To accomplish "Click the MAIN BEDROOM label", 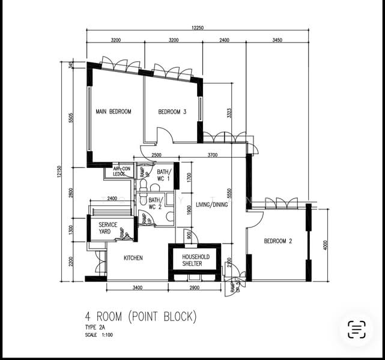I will pos(114,112).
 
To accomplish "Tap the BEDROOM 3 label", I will pos(172,112).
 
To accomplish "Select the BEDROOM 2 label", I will pos(278,241).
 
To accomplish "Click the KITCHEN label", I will pos(133,258).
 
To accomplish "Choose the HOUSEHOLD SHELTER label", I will pos(192,260).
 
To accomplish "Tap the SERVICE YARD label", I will pos(108,228).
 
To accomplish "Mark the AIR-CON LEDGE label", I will pos(122,172).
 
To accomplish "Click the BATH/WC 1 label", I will pos(160,175).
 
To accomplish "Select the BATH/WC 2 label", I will pos(155,203).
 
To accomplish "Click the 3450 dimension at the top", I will pos(277,40).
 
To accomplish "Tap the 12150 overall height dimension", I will pos(61,172).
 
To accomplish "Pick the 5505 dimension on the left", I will pos(71,118).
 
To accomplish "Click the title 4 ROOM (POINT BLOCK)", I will pos(141,316).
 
